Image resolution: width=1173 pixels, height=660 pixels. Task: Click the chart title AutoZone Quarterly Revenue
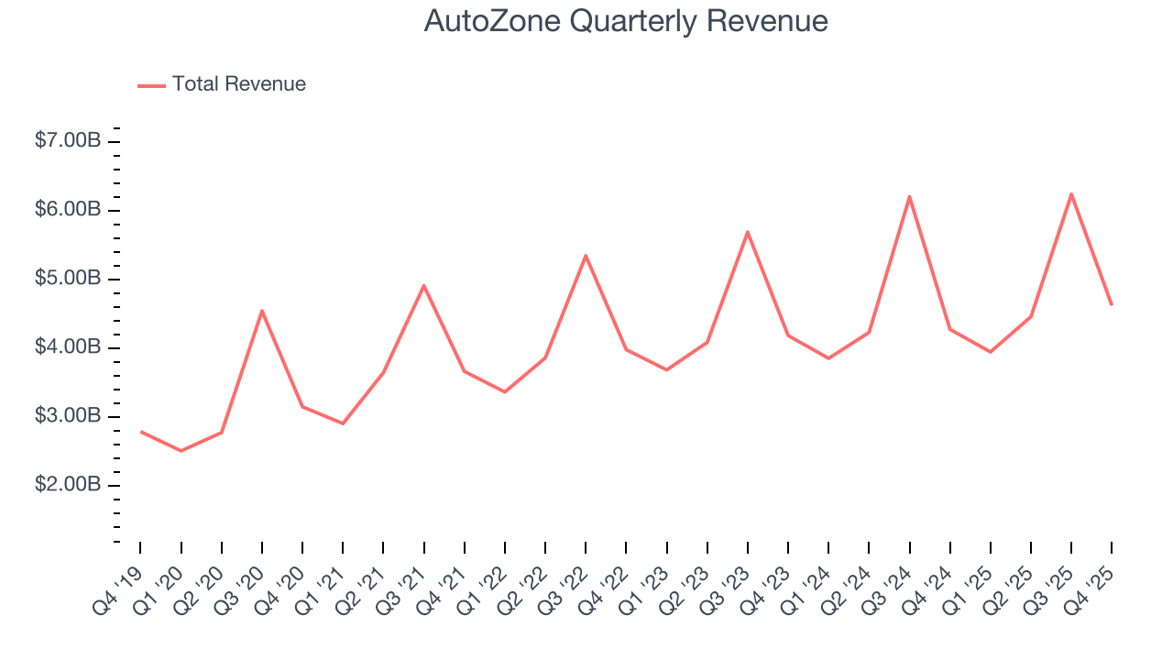click(x=626, y=21)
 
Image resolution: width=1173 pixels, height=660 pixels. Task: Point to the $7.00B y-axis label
click(x=68, y=141)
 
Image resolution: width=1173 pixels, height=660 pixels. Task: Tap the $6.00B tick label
click(x=68, y=210)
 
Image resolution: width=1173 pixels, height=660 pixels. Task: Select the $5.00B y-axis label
click(x=68, y=279)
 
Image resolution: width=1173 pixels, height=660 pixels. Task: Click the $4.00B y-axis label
click(x=68, y=347)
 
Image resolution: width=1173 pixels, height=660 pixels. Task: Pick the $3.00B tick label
click(x=68, y=416)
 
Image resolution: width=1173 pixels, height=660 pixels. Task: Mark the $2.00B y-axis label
click(x=68, y=485)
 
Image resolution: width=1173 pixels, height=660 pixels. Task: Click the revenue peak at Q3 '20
click(x=262, y=311)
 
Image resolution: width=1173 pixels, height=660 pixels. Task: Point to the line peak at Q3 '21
click(x=424, y=285)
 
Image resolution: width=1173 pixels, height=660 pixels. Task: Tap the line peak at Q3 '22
click(x=586, y=255)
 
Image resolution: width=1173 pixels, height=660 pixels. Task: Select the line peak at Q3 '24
click(x=909, y=196)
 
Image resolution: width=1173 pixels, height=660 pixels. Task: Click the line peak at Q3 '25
click(x=1070, y=193)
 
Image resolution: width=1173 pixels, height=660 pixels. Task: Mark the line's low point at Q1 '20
click(x=181, y=451)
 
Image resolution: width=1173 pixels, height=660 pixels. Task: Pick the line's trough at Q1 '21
click(x=343, y=423)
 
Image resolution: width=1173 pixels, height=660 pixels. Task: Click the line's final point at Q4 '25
click(x=1112, y=304)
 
